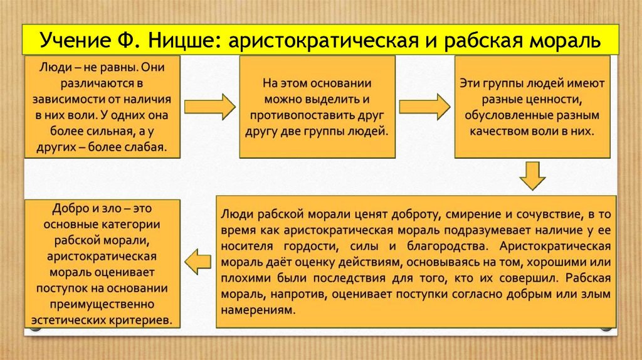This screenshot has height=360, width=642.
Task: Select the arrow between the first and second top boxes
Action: coord(209,107)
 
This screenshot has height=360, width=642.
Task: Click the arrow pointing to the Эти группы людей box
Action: coord(424,107)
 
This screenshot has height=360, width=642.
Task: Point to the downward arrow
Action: coord(532,175)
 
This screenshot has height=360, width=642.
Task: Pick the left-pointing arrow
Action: coord(197,262)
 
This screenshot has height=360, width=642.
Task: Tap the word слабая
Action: coord(147,147)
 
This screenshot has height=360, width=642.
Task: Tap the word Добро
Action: coord(69,208)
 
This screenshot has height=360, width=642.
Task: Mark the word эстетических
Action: coord(69,320)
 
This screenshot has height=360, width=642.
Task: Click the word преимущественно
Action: coord(102,304)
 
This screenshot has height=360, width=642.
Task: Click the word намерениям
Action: coord(258,310)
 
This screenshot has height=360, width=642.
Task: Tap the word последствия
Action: coord(349,278)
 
